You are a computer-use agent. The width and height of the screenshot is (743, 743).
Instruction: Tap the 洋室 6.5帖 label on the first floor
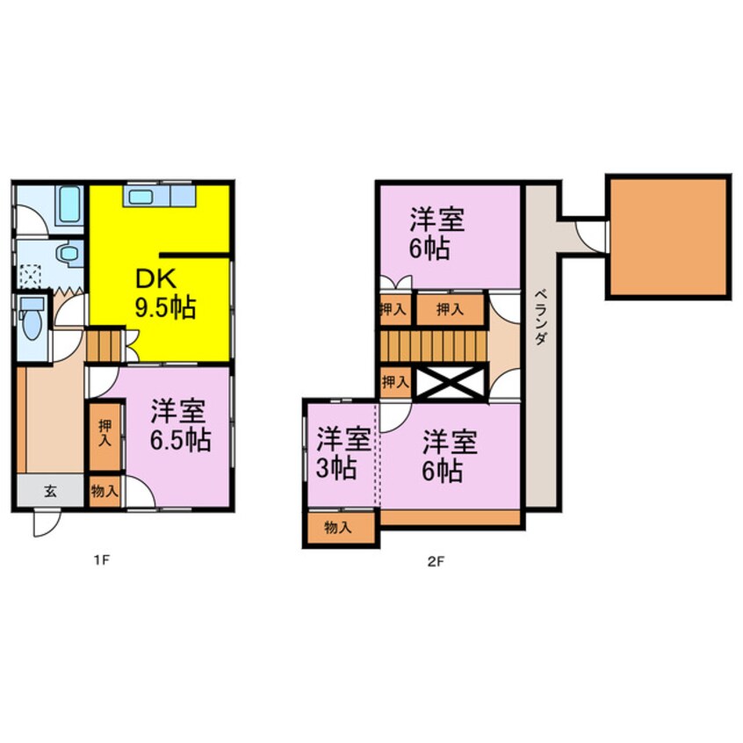(179, 425)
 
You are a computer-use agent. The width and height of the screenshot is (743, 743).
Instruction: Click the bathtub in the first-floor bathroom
(67, 206)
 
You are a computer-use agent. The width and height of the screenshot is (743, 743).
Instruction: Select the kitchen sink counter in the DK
(159, 196)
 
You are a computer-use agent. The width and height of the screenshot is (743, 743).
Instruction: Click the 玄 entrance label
(50, 491)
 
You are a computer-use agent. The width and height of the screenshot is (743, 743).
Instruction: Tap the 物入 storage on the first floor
(105, 491)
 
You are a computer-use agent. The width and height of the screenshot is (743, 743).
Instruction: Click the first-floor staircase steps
(105, 343)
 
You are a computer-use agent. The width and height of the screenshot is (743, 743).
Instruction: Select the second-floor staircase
(431, 343)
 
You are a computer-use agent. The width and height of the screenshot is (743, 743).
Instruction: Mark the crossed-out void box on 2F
(450, 383)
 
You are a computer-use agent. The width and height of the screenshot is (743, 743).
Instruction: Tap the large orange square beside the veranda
(668, 236)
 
